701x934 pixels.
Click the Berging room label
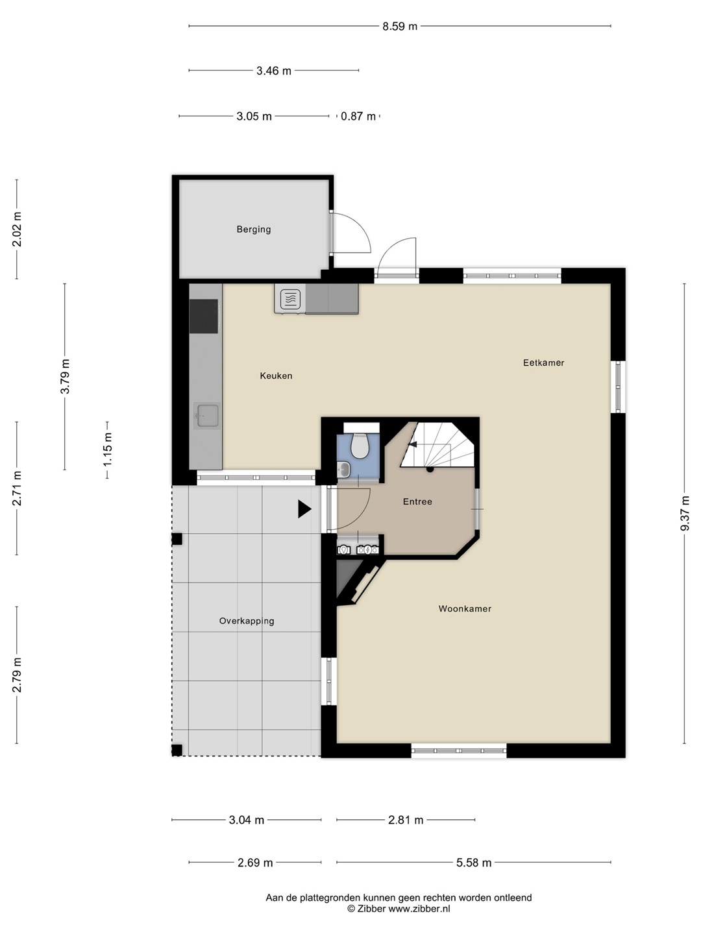click(x=254, y=230)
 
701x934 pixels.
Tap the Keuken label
click(x=277, y=376)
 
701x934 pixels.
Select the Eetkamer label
click(x=543, y=363)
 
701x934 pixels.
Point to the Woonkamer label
click(x=465, y=609)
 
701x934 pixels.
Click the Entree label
click(x=417, y=501)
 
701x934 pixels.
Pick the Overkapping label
click(x=247, y=621)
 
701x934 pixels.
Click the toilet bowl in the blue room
click(x=360, y=446)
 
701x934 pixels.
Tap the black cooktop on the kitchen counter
click(x=203, y=316)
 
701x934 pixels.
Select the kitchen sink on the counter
click(x=206, y=415)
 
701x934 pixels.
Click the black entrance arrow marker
click(x=304, y=509)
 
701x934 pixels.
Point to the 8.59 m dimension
click(x=400, y=27)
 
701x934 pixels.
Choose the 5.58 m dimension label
click(x=474, y=863)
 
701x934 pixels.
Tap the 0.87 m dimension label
click(x=358, y=116)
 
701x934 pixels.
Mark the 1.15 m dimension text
click(x=107, y=449)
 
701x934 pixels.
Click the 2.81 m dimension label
click(x=406, y=820)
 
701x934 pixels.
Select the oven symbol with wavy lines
click(x=290, y=299)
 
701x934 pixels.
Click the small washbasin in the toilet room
click(x=343, y=470)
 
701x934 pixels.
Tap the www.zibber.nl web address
click(x=419, y=909)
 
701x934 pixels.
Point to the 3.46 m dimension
click(x=274, y=71)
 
